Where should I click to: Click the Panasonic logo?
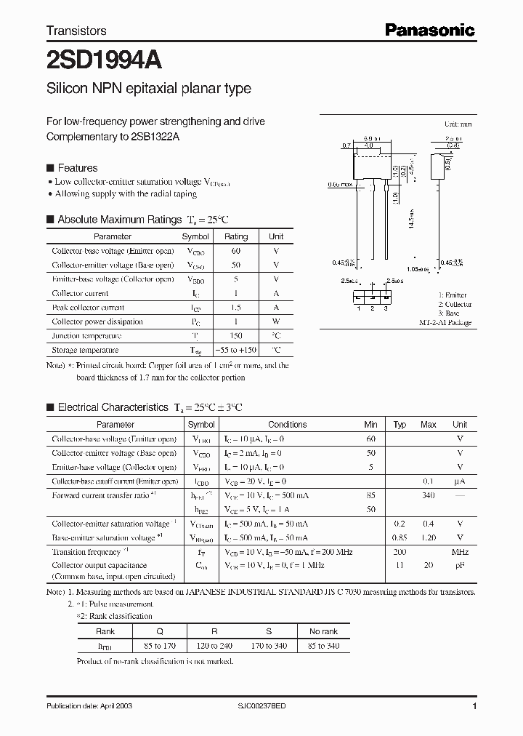pyautogui.click(x=429, y=30)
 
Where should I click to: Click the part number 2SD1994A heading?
pyautogui.click(x=97, y=58)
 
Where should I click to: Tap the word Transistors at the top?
pyautogui.click(x=76, y=31)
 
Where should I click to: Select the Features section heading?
pyautogui.click(x=77, y=168)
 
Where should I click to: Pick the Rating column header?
pyautogui.click(x=235, y=236)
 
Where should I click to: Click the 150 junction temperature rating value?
pyautogui.click(x=235, y=336)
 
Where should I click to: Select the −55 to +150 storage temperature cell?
pyautogui.click(x=235, y=350)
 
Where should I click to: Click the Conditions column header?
pyautogui.click(x=287, y=425)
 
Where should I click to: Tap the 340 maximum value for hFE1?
pyautogui.click(x=428, y=495)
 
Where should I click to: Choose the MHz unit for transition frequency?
pyautogui.click(x=460, y=552)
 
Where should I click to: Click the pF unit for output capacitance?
pyautogui.click(x=460, y=565)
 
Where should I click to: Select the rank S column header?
pyautogui.click(x=269, y=632)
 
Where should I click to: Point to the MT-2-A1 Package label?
pyautogui.click(x=445, y=322)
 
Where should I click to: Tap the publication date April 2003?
pyautogui.click(x=89, y=706)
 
